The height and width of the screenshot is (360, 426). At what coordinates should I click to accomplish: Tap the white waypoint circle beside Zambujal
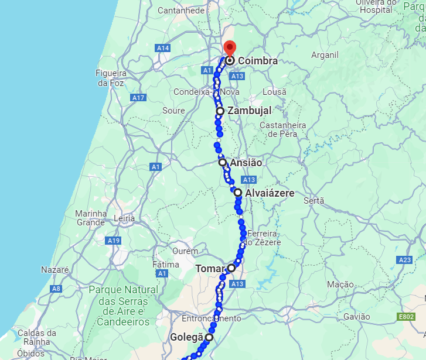coord(220,111)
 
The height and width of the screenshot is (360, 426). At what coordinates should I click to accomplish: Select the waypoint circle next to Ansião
coord(223,162)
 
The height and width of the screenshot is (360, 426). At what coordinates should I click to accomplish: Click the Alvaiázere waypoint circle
coord(238,192)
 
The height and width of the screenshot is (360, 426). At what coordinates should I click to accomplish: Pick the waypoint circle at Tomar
coord(231,268)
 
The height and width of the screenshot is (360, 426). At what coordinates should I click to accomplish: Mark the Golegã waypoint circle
coord(209,337)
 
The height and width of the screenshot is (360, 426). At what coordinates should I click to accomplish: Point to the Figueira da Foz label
coord(111,77)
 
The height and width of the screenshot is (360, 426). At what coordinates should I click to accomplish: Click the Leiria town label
coord(124,218)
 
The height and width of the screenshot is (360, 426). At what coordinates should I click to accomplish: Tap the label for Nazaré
coord(55,270)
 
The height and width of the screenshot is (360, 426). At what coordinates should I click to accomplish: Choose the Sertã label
coord(314,200)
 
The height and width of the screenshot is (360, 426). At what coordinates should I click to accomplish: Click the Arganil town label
coord(325,55)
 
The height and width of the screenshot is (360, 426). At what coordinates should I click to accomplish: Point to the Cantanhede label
coord(182,11)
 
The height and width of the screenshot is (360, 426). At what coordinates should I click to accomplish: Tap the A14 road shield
coord(162,47)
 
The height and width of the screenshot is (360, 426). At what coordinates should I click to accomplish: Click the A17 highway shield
coord(139,97)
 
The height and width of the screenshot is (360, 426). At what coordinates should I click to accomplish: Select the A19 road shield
coord(113,241)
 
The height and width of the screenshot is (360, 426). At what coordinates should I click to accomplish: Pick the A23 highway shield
coord(404,259)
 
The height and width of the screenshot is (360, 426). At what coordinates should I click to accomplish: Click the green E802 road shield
coord(405,317)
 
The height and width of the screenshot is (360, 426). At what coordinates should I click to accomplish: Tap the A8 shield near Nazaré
coord(56,289)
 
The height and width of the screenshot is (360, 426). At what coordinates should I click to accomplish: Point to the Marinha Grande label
coord(90,218)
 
